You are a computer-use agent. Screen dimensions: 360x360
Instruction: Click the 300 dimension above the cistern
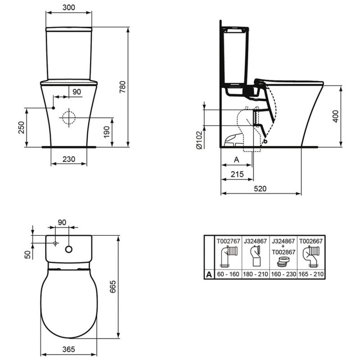[x=69, y=8]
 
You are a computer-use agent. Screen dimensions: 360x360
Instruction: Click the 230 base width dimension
[x=69, y=159]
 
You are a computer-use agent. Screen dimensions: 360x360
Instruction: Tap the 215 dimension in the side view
[x=237, y=175]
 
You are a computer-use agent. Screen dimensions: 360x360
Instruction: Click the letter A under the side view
[x=237, y=159]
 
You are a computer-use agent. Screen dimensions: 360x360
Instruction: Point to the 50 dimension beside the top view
[x=27, y=254]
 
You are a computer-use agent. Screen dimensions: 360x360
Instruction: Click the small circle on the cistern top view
[x=69, y=248]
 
